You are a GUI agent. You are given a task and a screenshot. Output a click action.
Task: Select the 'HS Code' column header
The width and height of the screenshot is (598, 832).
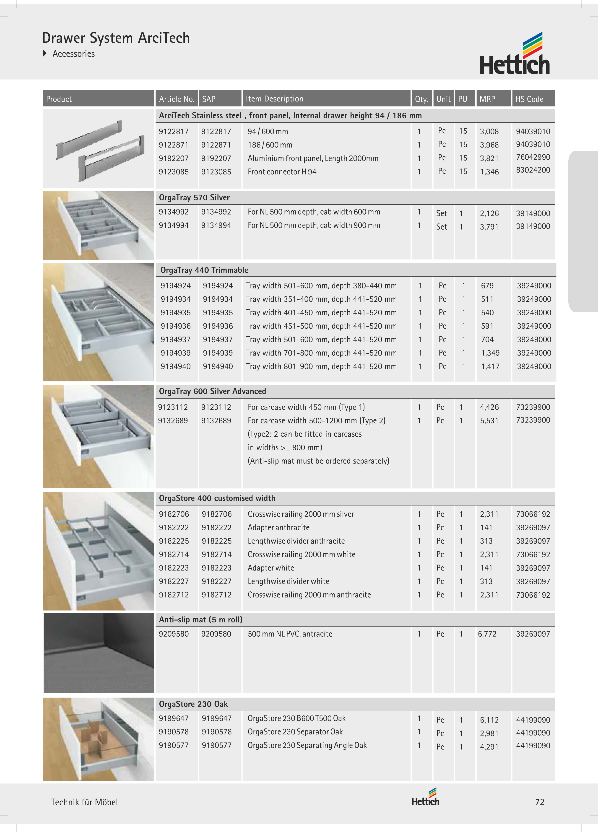pos(529,99)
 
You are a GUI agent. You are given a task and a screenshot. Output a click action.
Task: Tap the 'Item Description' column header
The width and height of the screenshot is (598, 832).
pos(274,99)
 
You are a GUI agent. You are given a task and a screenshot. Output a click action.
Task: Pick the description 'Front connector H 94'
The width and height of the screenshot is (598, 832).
pos(282,172)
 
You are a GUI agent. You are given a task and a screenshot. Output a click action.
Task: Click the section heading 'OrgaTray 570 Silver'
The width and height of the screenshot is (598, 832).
pos(194,197)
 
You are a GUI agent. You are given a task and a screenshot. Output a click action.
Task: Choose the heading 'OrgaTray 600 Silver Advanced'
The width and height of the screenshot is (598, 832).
pos(212,391)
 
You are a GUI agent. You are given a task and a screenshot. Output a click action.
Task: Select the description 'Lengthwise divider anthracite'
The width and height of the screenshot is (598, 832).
pos(296,541)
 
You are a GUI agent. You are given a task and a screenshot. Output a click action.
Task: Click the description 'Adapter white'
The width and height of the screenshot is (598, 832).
pos(271,568)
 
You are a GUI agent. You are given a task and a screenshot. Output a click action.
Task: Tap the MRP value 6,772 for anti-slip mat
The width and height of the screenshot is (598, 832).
pos(487,634)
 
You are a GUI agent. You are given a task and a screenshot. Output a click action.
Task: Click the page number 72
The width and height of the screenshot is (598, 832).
pos(539,802)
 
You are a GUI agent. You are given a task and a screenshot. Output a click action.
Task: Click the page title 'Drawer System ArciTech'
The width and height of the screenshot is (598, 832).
pos(116,38)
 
